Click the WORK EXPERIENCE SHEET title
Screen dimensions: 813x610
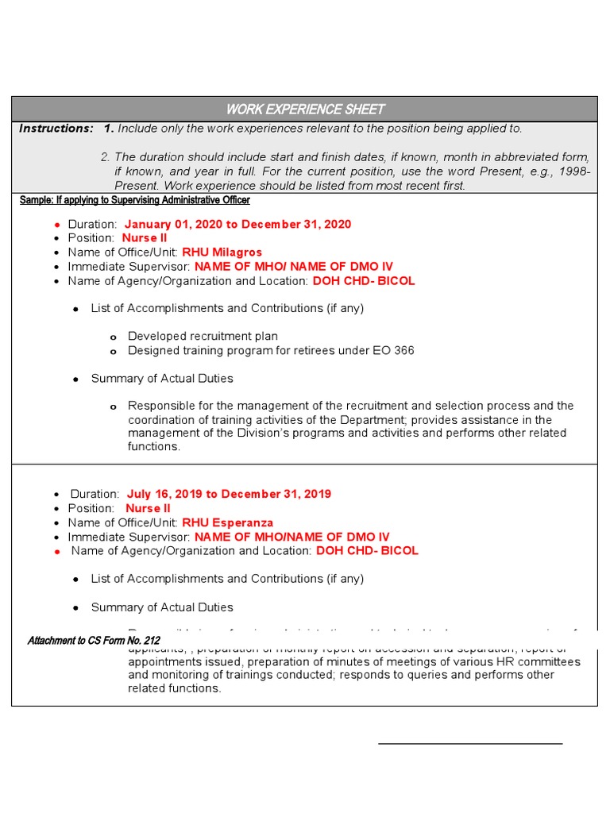pyautogui.click(x=305, y=109)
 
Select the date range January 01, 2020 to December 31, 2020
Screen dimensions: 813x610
pyautogui.click(x=237, y=225)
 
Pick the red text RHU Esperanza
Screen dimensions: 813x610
pyautogui.click(x=227, y=522)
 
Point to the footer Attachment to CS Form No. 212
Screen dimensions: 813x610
pyautogui.click(x=94, y=641)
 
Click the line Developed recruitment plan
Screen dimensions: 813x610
pyautogui.click(x=203, y=337)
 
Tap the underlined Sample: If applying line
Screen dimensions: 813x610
pyautogui.click(x=135, y=200)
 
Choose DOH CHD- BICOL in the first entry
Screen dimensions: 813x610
pyautogui.click(x=363, y=281)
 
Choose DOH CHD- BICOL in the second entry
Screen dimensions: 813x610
pyautogui.click(x=367, y=550)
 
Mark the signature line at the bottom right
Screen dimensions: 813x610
pyautogui.click(x=470, y=743)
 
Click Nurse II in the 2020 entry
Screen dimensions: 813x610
pyautogui.click(x=145, y=238)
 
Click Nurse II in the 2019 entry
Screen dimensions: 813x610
pyautogui.click(x=148, y=508)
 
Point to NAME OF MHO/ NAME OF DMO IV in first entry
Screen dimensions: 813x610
pyautogui.click(x=293, y=267)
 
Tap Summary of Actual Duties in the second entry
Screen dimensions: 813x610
pyautogui.click(x=162, y=607)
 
